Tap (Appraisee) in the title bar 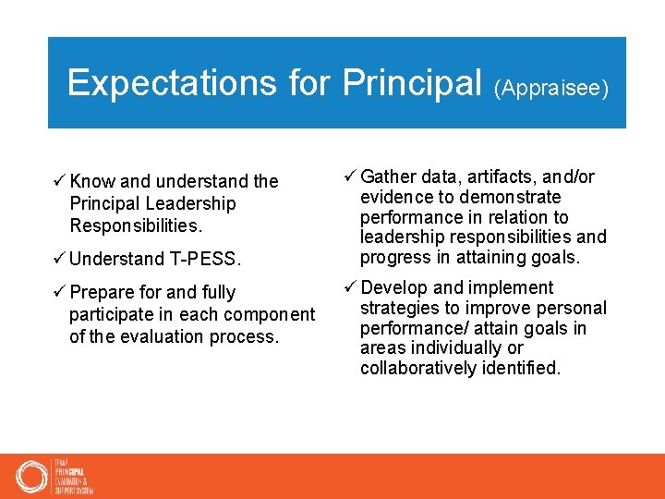tap(551, 89)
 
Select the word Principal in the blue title tap(414, 83)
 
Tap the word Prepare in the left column tap(102, 293)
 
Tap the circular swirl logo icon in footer tap(31, 477)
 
